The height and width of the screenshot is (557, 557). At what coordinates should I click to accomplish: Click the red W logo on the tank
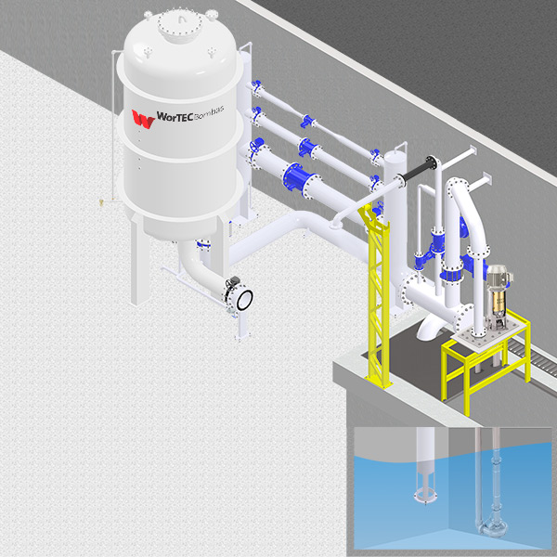tap(143, 119)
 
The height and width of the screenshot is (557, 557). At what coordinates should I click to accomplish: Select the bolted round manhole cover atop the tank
tap(180, 24)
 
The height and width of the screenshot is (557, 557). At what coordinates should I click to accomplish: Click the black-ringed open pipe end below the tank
tap(244, 300)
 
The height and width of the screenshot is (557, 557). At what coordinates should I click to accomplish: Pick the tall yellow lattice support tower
tap(376, 295)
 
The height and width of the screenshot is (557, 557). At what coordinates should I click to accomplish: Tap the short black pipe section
tap(417, 172)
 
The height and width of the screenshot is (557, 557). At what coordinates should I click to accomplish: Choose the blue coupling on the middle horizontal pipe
tap(306, 147)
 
